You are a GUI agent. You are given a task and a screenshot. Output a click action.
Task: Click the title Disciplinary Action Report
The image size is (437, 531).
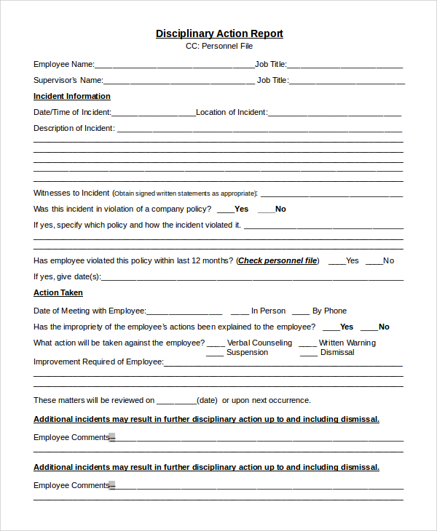pos(219,33)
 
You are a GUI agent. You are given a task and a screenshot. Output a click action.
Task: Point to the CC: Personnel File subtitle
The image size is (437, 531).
pos(219,46)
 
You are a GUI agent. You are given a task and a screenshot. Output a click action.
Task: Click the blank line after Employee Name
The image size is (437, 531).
pos(174,65)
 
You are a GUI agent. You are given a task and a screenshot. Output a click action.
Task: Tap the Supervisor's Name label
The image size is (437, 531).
pos(68,80)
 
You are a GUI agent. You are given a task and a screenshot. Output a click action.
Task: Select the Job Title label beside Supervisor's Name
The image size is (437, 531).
pos(272,80)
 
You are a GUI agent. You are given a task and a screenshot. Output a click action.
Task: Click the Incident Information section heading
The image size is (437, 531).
pos(72,96)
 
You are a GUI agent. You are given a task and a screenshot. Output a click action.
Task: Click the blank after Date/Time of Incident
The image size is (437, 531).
pos(153,113)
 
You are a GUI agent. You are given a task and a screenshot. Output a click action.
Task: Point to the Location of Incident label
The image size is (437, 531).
pos(231,112)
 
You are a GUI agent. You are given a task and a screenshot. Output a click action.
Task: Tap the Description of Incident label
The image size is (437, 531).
pos(74,128)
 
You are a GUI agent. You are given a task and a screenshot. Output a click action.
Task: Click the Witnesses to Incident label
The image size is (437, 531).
pos(71,193)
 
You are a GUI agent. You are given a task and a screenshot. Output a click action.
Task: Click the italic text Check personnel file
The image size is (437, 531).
pos(277,260)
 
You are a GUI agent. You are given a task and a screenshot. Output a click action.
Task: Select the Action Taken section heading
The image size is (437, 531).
pos(58,292)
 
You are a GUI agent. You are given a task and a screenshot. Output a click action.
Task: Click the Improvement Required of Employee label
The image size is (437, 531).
pos(98,362)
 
